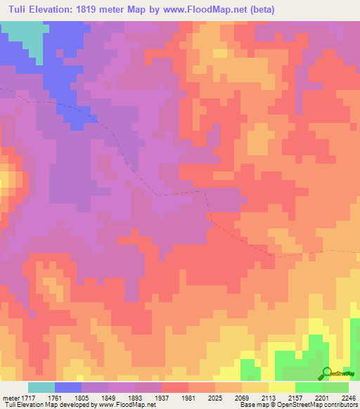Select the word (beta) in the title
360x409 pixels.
tap(260, 10)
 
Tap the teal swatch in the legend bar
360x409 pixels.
tap(41, 387)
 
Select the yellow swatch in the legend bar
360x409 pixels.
tap(282, 387)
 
